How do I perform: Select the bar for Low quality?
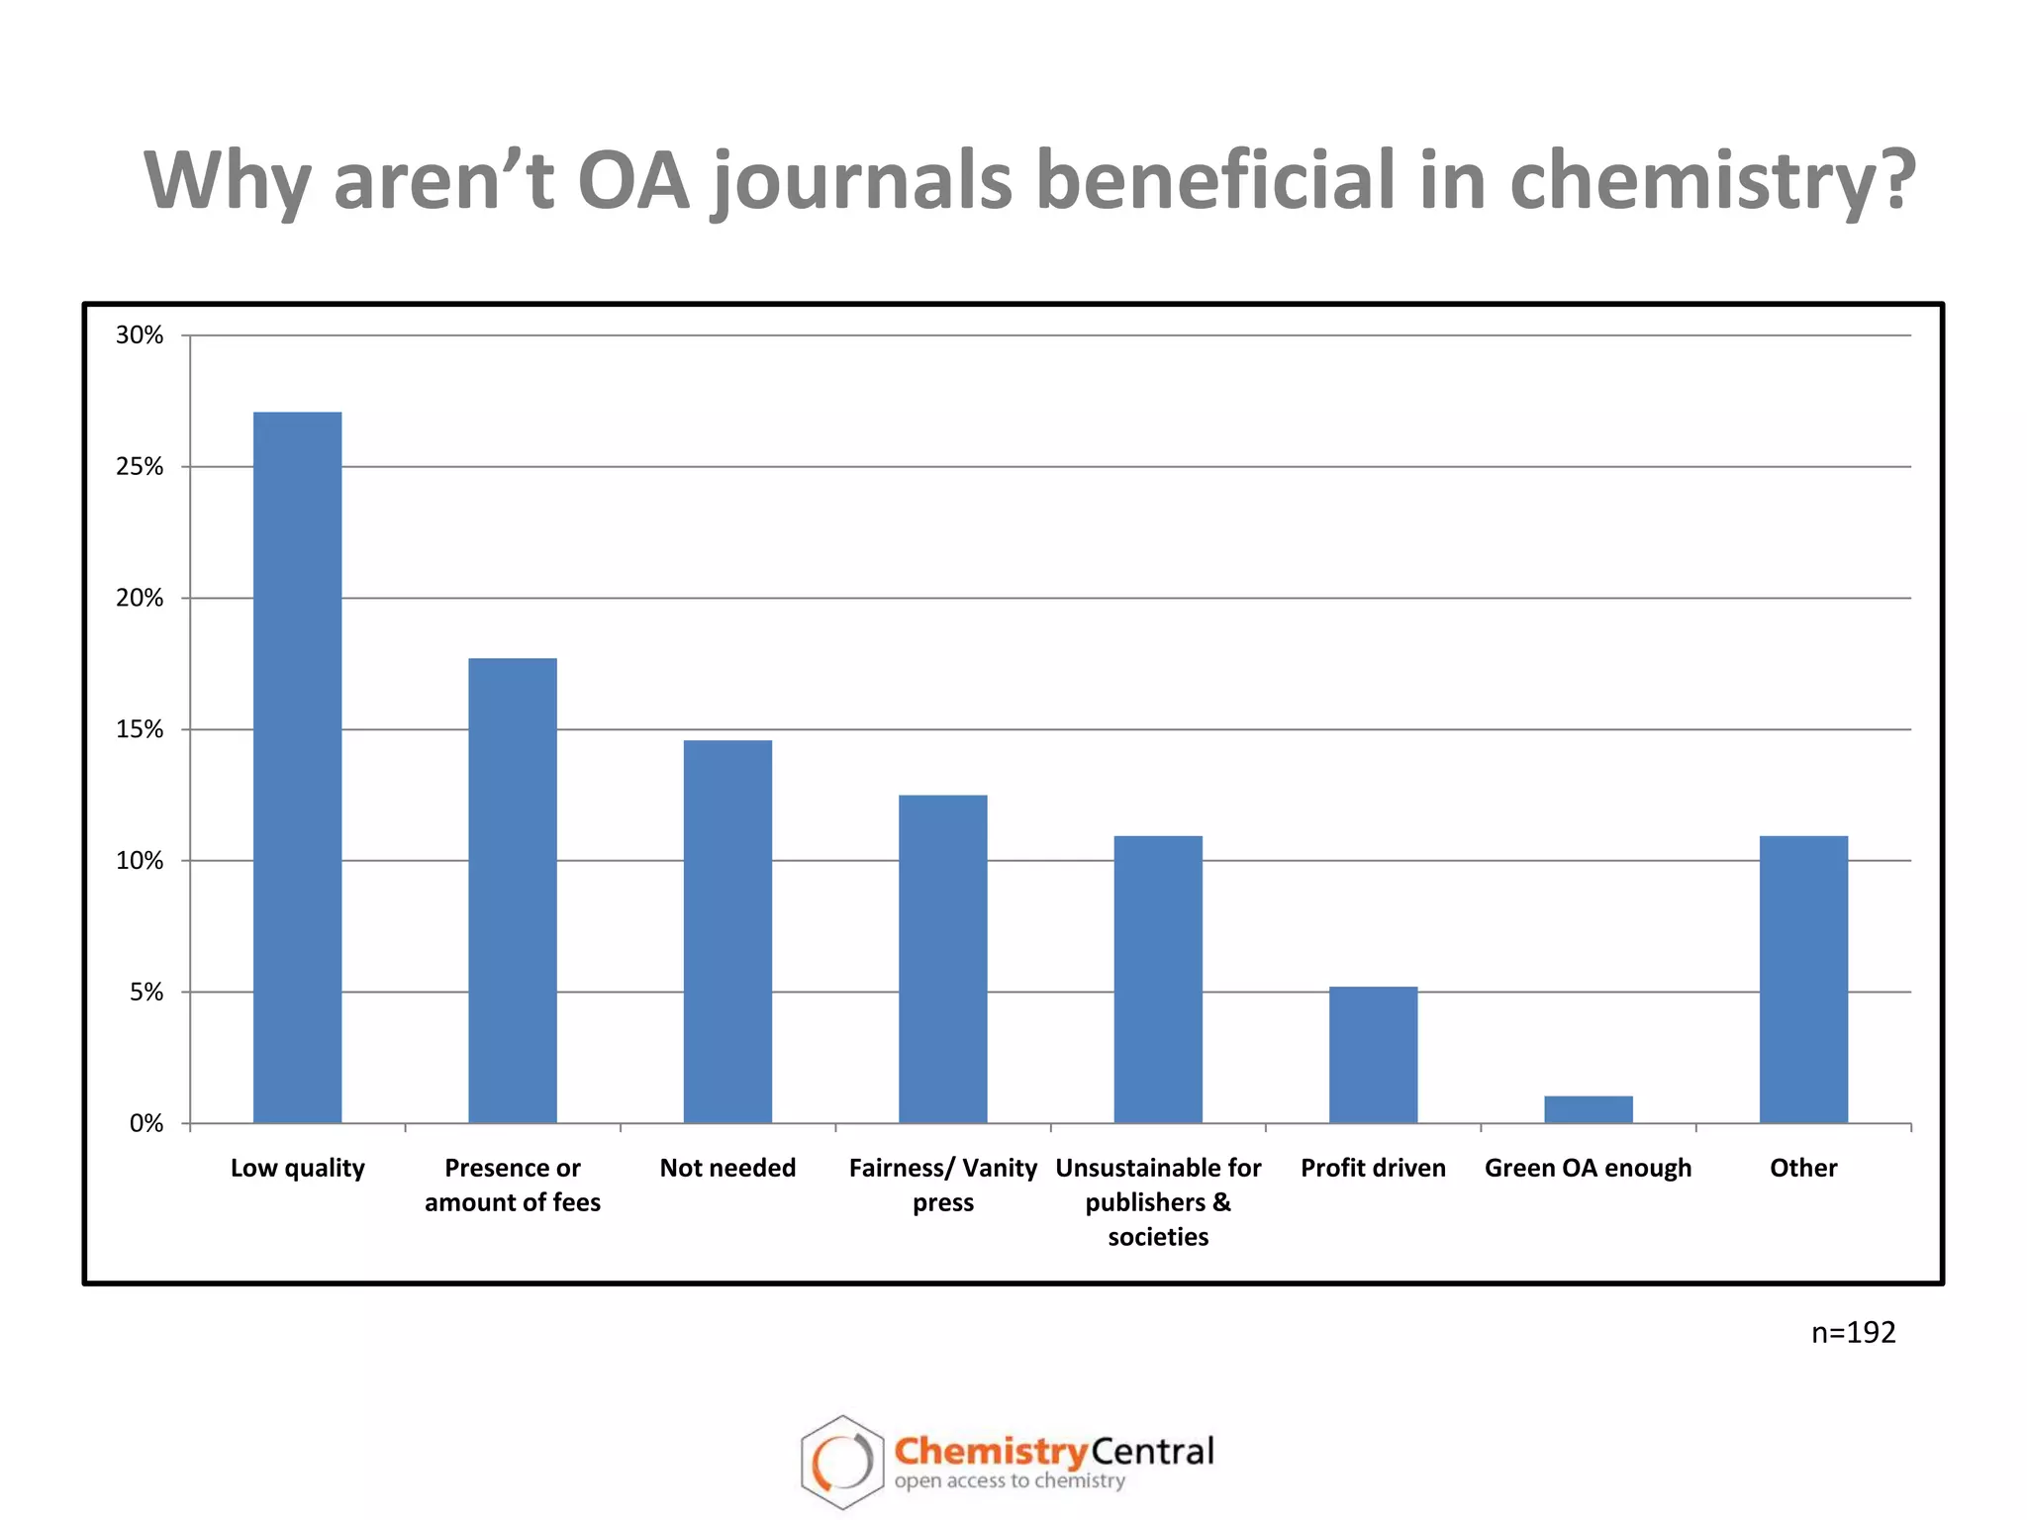[x=297, y=767]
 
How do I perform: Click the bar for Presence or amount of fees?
[x=512, y=891]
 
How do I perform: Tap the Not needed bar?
[x=727, y=931]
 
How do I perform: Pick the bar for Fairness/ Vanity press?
[x=942, y=958]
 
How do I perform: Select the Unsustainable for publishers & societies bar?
[x=1158, y=979]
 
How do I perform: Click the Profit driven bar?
[x=1373, y=1054]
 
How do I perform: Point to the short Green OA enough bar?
[x=1588, y=1108]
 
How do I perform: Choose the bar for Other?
[x=1803, y=979]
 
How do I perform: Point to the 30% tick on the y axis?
[x=140, y=335]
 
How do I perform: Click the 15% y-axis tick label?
[x=140, y=729]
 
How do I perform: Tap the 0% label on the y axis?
[x=146, y=1123]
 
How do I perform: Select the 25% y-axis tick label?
[x=140, y=467]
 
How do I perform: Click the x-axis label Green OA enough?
[x=1588, y=1168]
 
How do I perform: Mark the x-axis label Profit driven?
[x=1373, y=1168]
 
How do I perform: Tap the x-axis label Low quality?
[x=297, y=1168]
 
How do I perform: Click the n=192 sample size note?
[x=1853, y=1332]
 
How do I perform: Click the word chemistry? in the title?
[x=1712, y=181]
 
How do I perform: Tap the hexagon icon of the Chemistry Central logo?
[x=841, y=1462]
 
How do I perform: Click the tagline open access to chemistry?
[x=1010, y=1481]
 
